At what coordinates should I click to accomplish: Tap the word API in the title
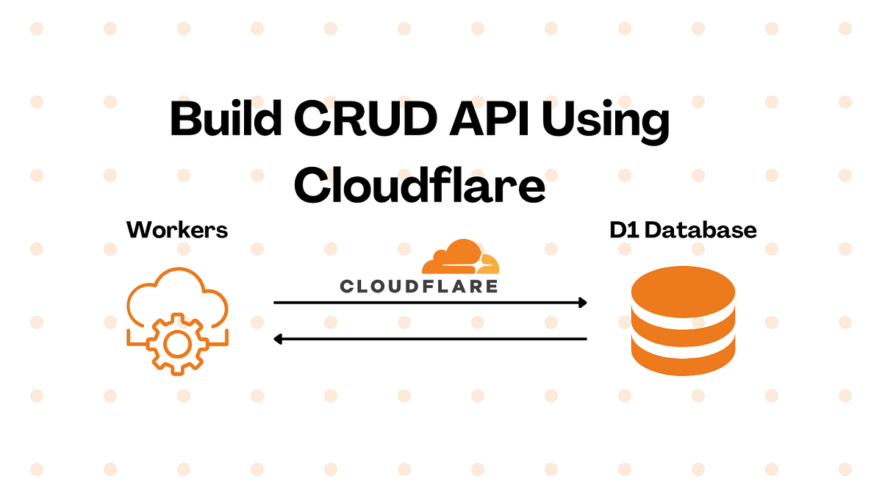click(x=481, y=119)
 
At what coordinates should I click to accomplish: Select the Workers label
click(x=177, y=230)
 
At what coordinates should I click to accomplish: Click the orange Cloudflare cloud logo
click(x=460, y=258)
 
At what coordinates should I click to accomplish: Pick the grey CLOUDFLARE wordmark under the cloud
click(x=419, y=286)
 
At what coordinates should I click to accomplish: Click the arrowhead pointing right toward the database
click(x=582, y=302)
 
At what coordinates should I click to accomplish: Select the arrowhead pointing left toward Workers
click(x=279, y=339)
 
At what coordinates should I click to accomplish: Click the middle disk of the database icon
click(x=683, y=327)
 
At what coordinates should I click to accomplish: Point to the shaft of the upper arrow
click(x=426, y=302)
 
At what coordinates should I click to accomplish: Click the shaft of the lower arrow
click(x=434, y=339)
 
